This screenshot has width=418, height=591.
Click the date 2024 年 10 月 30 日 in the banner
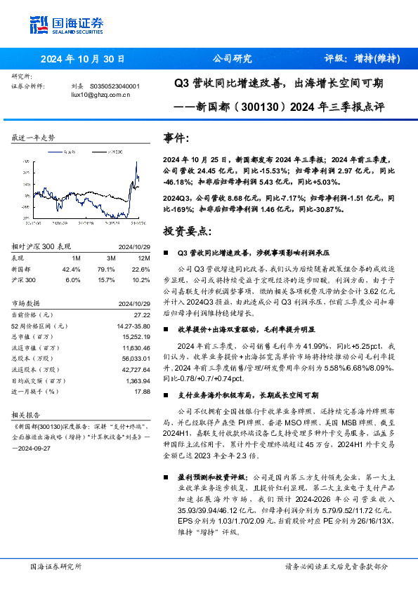click(83, 59)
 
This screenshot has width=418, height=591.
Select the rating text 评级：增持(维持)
click(358, 59)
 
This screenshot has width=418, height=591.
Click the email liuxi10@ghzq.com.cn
click(100, 93)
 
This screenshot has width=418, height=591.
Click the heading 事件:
click(176, 138)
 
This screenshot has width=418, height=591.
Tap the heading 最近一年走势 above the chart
click(33, 138)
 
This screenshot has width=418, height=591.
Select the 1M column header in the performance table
click(76, 258)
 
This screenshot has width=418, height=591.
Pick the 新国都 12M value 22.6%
click(141, 268)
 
